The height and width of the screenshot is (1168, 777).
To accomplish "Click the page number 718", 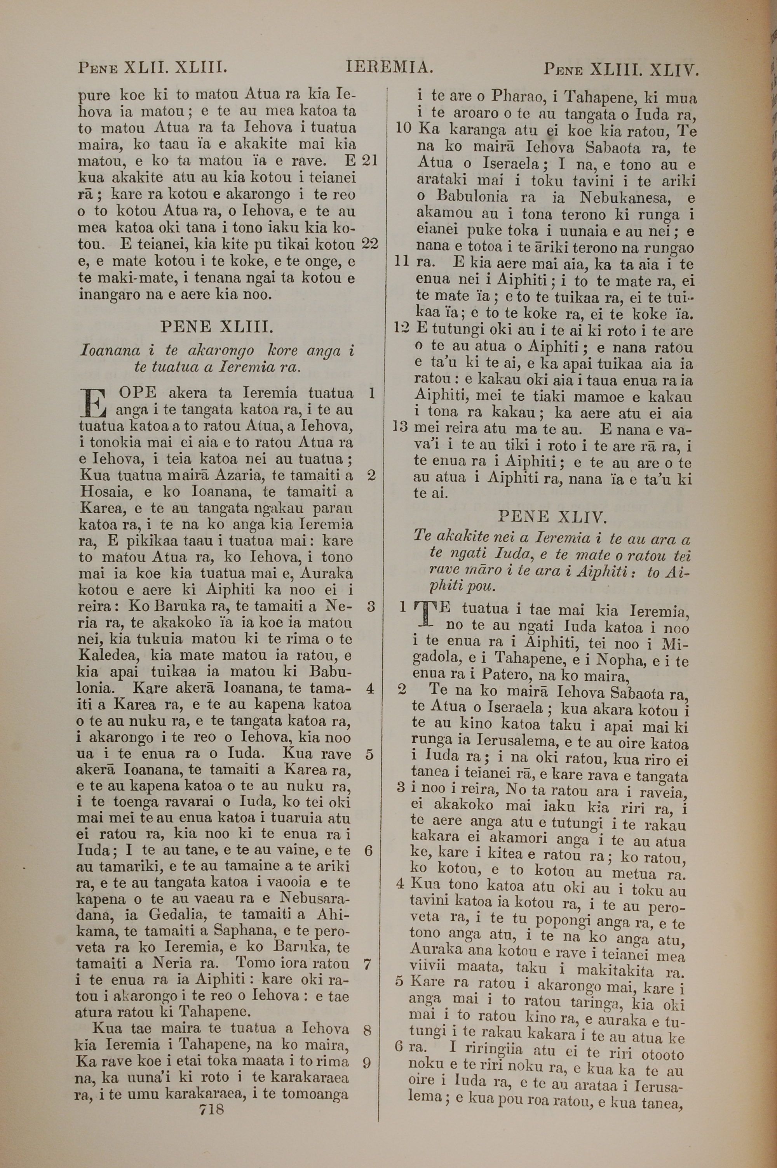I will pyautogui.click(x=212, y=1109).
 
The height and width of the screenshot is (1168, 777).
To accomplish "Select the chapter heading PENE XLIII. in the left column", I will pyautogui.click(x=216, y=327).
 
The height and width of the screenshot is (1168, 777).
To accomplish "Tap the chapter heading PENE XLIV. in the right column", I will pyautogui.click(x=552, y=517).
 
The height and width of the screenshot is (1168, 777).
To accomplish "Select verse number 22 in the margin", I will pyautogui.click(x=370, y=243).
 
